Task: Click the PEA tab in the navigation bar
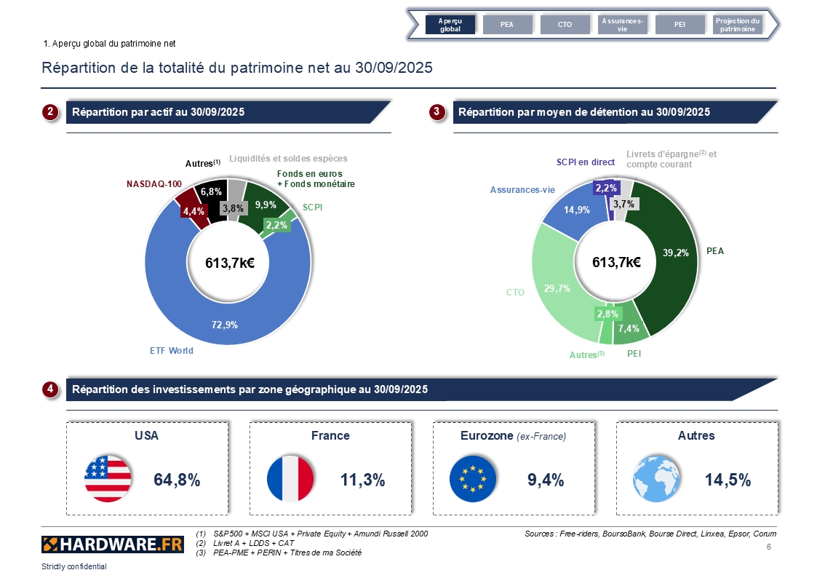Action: pos(507,25)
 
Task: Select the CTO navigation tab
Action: pos(565,25)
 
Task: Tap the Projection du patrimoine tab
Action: pos(738,25)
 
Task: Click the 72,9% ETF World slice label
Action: pos(225,325)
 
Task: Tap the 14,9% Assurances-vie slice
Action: pos(573,210)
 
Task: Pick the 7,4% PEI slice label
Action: pos(629,328)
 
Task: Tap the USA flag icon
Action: pos(108,479)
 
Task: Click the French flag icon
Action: pos(290,479)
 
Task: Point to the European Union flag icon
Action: pos(474,479)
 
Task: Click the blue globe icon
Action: pos(657,479)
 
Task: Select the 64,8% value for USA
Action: pos(177,480)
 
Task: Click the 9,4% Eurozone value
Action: pos(546,480)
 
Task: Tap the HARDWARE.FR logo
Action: pos(113,544)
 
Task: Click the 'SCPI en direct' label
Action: pos(586,162)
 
